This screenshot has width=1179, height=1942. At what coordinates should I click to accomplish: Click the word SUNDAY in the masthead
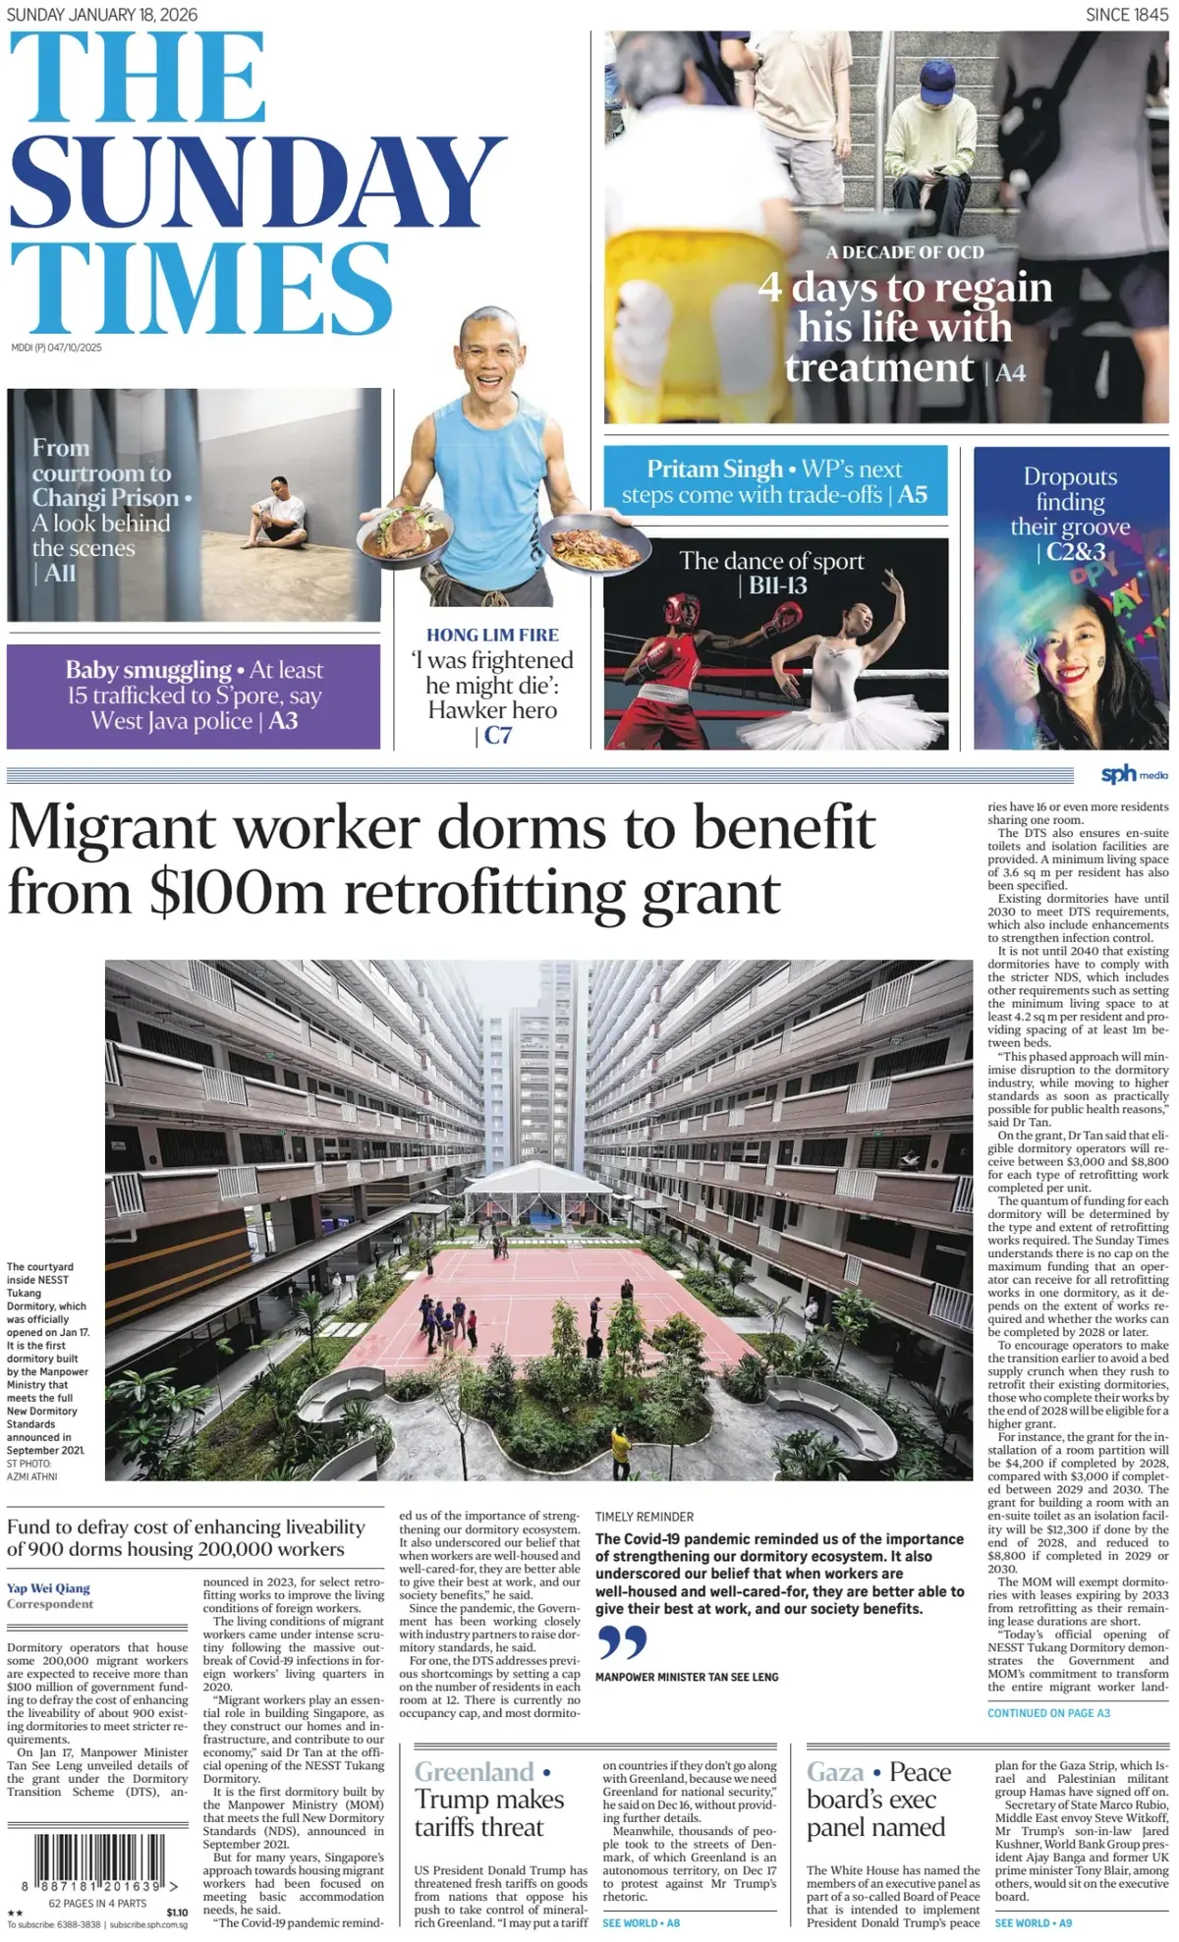[257, 184]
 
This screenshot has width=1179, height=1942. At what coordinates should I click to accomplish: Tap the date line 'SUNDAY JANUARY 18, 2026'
[102, 15]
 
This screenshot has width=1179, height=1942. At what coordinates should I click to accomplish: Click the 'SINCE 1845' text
[1127, 15]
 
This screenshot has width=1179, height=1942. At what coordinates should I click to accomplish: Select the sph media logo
[1134, 775]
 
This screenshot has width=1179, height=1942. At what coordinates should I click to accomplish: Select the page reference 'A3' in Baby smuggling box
[283, 721]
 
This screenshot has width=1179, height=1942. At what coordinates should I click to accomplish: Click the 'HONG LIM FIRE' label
[492, 636]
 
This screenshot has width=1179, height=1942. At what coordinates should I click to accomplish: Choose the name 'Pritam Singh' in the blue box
[714, 470]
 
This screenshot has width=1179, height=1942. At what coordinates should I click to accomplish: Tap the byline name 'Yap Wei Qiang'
[48, 1587]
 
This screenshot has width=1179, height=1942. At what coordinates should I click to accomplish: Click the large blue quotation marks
[622, 1642]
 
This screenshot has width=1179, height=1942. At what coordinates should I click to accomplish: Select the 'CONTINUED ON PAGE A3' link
[1048, 1713]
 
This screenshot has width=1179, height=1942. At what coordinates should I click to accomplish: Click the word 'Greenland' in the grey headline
[474, 1772]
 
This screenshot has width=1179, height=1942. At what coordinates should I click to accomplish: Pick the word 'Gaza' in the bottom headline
[835, 1772]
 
